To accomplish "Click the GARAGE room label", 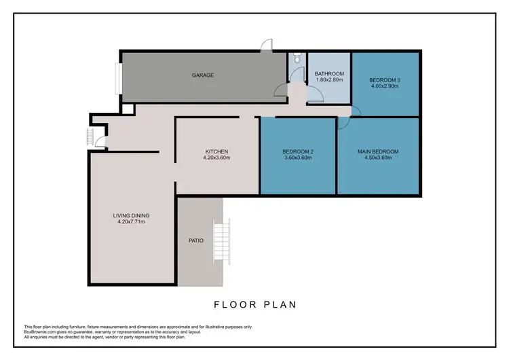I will [203, 75].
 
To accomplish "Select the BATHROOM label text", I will [329, 73].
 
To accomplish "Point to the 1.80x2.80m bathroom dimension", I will [329, 80].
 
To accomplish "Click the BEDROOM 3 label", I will [385, 79].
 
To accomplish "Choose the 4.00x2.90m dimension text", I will [385, 86].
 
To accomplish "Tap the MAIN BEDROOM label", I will [377, 151].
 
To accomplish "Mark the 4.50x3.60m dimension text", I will [377, 158].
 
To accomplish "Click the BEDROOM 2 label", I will [297, 151].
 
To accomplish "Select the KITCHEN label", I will [217, 151].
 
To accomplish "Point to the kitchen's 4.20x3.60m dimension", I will [217, 158].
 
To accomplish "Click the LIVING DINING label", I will [131, 215].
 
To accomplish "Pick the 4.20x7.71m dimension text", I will [131, 222].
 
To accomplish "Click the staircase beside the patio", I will [222, 242].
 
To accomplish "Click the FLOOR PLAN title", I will [254, 304].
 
